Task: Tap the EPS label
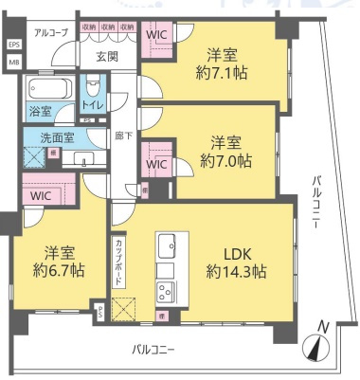click(x=13, y=45)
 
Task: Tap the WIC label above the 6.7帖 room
click(x=40, y=195)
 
